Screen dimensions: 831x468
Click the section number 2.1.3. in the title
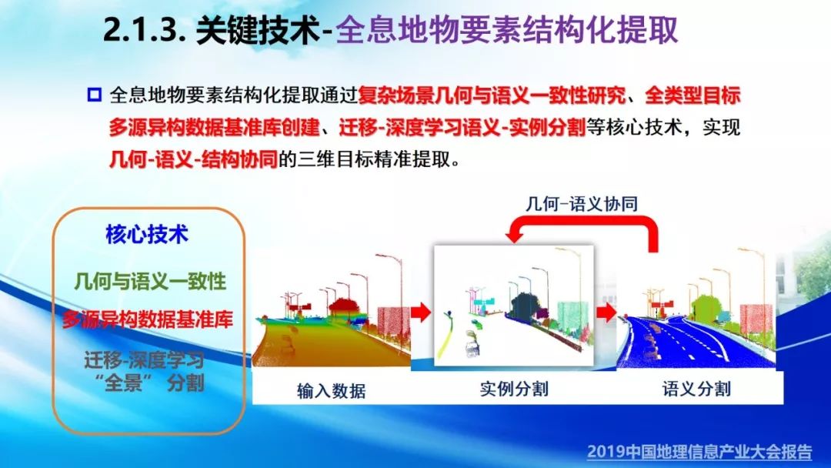(143, 31)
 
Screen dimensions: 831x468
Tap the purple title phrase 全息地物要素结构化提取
(506, 30)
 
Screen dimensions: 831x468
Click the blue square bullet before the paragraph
(94, 95)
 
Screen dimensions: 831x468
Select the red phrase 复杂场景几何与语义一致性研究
(492, 96)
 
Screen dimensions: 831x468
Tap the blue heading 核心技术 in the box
(147, 234)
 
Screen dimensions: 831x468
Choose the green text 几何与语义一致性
(150, 282)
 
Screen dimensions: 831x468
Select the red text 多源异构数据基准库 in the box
(148, 319)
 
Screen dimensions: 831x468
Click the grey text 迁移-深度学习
(144, 360)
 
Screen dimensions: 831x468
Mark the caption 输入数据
(331, 390)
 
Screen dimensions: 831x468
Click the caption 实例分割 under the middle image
(513, 389)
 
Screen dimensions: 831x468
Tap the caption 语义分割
(696, 389)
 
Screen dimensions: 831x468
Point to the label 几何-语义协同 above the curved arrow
(582, 203)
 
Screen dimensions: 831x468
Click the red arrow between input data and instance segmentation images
(422, 313)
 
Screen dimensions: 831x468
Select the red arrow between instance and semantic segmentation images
(606, 313)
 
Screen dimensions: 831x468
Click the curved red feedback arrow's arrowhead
(513, 232)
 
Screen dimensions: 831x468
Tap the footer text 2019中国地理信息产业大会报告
(699, 452)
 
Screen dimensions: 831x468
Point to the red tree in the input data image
(345, 307)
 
